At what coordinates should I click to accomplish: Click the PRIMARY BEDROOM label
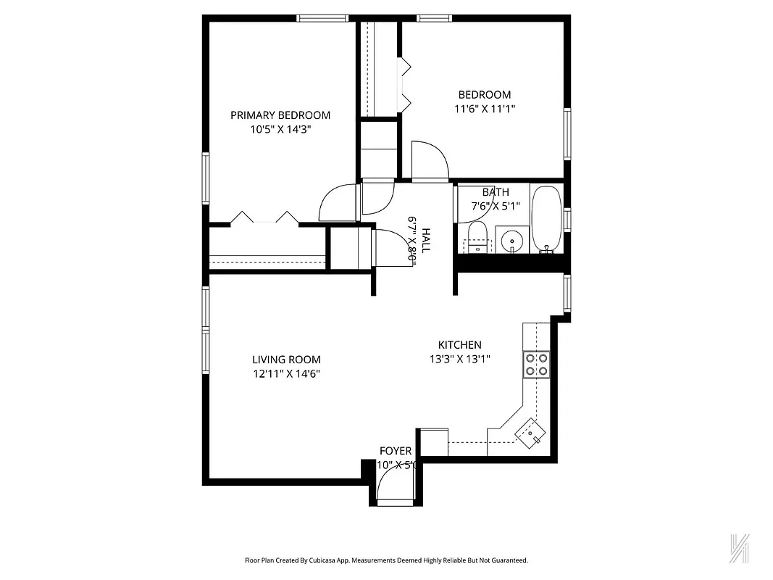pyautogui.click(x=280, y=115)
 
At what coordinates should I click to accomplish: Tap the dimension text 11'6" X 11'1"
pyautogui.click(x=484, y=109)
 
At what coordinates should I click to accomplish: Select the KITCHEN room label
pyautogui.click(x=459, y=345)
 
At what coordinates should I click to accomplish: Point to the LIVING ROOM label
pyautogui.click(x=286, y=360)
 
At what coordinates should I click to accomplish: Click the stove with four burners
pyautogui.click(x=537, y=364)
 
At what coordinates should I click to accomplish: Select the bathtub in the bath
pyautogui.click(x=546, y=218)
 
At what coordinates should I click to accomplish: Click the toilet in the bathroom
pyautogui.click(x=476, y=237)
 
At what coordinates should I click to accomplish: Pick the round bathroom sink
pyautogui.click(x=512, y=239)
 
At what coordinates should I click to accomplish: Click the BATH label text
pyautogui.click(x=496, y=192)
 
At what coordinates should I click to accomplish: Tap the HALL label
pyautogui.click(x=427, y=240)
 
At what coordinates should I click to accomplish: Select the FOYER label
pyautogui.click(x=396, y=451)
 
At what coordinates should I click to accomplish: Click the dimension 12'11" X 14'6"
pyautogui.click(x=286, y=374)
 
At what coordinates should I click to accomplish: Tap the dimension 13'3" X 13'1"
pyautogui.click(x=460, y=360)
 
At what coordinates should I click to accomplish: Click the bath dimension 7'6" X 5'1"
pyautogui.click(x=496, y=205)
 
